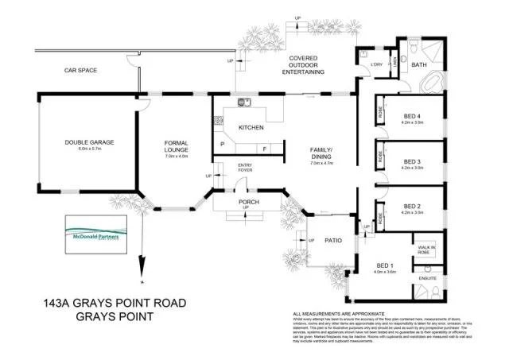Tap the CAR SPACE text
click(x=80, y=71)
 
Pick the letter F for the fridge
click(x=264, y=149)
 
